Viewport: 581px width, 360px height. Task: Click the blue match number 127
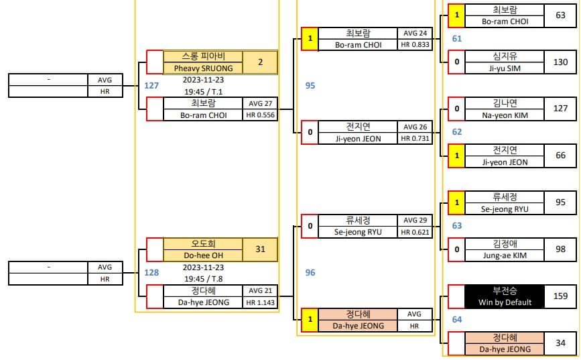coord(151,86)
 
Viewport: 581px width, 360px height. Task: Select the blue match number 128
coord(151,272)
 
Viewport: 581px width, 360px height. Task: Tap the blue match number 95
coord(310,86)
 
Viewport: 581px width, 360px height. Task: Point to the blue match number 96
coord(310,272)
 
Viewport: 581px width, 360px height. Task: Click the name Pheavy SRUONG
coord(204,68)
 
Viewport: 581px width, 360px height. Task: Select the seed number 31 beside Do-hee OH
coord(260,249)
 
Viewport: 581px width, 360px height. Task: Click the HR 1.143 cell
coord(261,302)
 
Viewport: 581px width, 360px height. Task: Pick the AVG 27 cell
coord(261,103)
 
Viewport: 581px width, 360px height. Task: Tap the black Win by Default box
coord(505,296)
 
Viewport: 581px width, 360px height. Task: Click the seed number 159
coord(560,296)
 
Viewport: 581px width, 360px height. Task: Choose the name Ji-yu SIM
coord(505,68)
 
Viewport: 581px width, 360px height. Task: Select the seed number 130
coord(560,62)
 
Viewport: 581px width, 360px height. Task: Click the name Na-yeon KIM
coord(505,115)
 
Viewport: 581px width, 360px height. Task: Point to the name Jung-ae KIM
coord(505,255)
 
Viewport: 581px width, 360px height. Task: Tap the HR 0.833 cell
coord(415,45)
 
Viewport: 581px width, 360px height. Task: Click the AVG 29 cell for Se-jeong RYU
coord(415,221)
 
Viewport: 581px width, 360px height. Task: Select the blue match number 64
coord(457,320)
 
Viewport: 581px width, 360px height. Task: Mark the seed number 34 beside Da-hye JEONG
coord(560,343)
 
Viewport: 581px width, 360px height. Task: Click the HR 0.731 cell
coord(415,139)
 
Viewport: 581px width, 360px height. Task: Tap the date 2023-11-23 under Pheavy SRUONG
coord(204,80)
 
